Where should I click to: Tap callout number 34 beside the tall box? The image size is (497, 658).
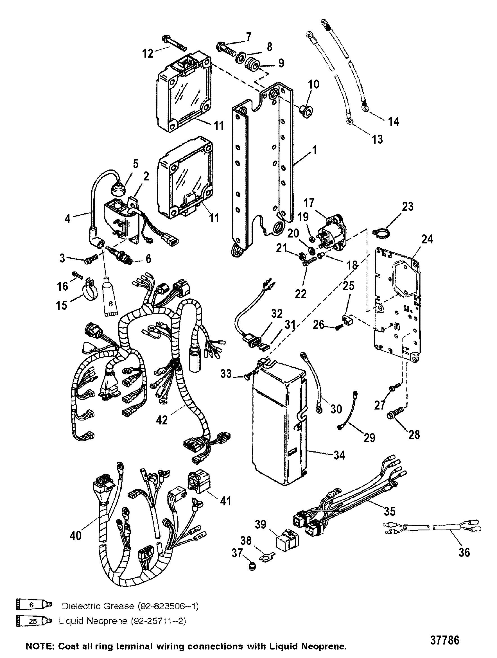coord(339,455)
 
